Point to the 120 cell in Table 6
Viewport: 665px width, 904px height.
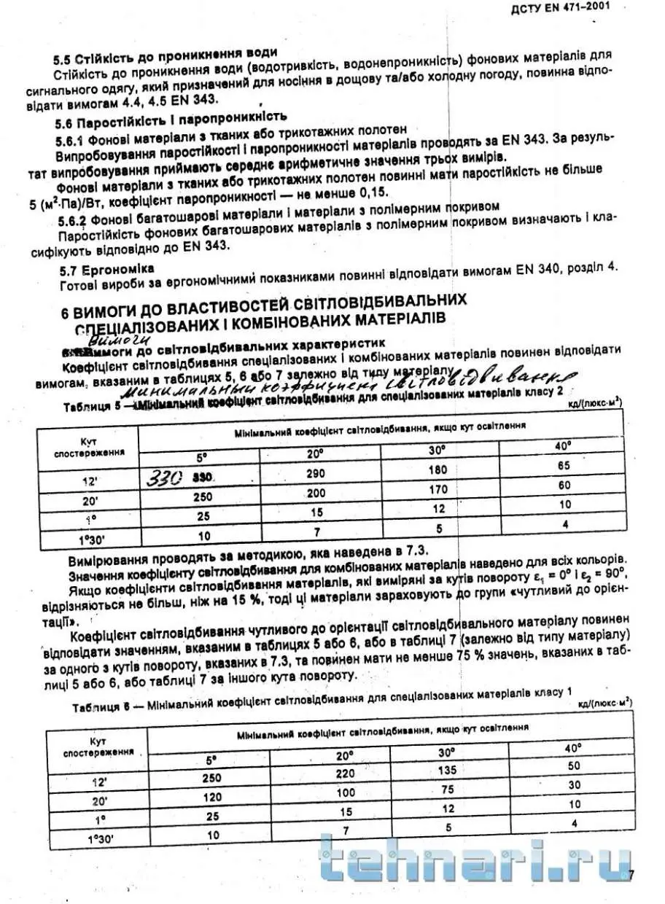point(211,796)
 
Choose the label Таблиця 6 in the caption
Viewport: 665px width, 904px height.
point(100,706)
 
